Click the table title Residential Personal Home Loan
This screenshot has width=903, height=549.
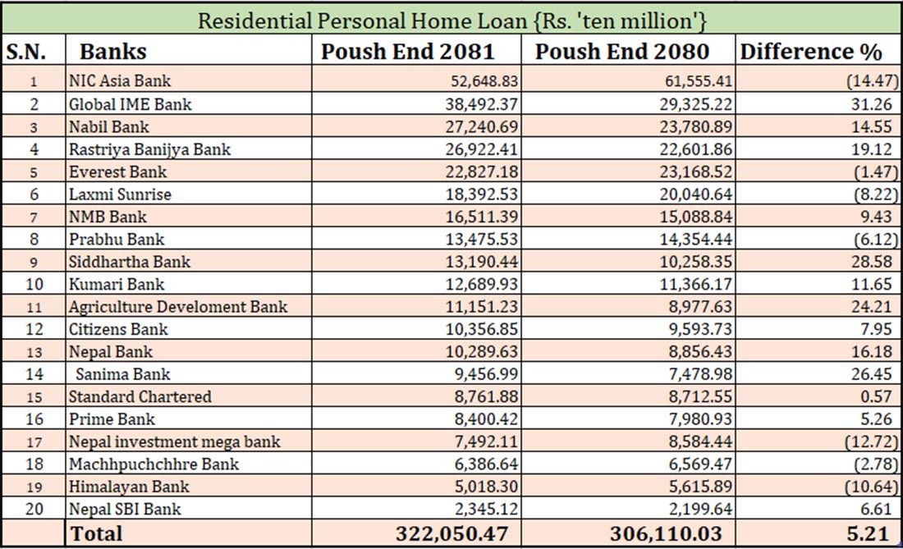point(451,19)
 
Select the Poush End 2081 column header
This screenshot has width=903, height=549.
point(407,52)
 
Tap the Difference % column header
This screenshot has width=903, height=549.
point(810,52)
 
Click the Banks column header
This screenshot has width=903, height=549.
point(112,52)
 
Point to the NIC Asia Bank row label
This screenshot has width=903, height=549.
point(120,81)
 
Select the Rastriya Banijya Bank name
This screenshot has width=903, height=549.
point(149,149)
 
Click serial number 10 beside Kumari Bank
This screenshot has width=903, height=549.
point(33,285)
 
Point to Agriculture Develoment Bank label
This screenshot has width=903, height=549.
point(178,307)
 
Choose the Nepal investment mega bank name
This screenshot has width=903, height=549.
point(174,441)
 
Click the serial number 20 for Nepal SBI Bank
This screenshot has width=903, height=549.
point(33,509)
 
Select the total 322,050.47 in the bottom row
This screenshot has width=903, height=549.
point(451,533)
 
